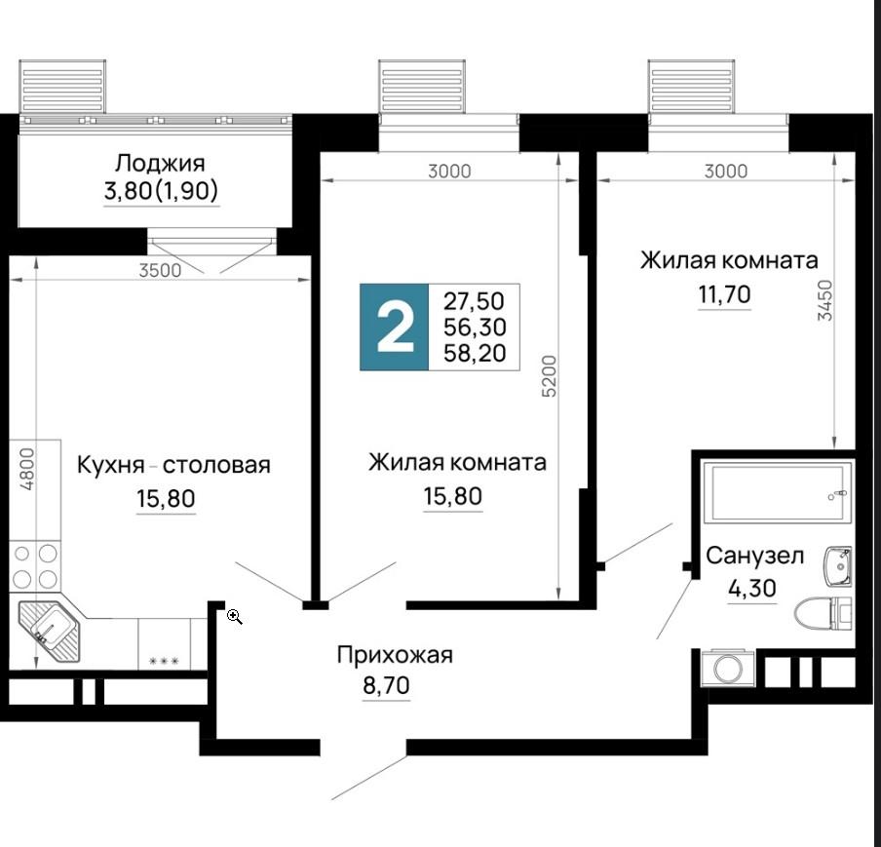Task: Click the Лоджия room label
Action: point(160,163)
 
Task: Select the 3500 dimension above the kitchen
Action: point(160,270)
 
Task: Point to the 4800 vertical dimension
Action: point(27,468)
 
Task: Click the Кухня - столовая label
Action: point(173,465)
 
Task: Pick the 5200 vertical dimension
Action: point(549,376)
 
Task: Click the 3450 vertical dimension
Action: point(824,300)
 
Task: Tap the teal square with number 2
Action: point(395,327)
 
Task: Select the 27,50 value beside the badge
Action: point(475,301)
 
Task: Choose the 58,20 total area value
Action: point(475,353)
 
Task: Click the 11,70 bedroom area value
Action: point(724,293)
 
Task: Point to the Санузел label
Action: point(754,556)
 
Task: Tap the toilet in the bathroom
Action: point(824,613)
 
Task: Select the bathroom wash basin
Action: point(838,566)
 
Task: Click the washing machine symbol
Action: point(728,668)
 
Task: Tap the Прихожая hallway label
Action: point(395,655)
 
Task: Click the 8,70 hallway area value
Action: point(387,685)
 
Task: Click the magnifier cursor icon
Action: point(235,617)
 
